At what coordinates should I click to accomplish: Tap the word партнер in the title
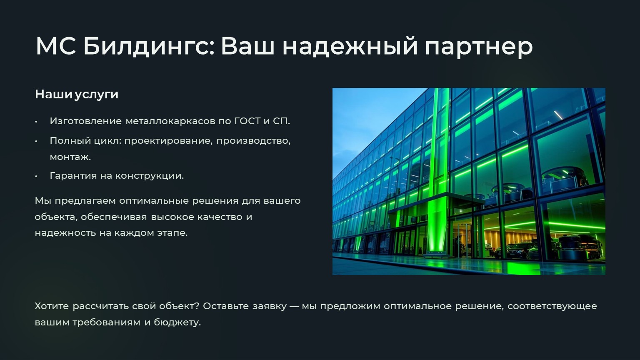[479, 47]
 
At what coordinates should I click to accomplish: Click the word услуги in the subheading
[97, 95]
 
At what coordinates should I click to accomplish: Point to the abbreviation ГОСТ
[247, 121]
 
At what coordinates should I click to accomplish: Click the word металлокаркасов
[170, 121]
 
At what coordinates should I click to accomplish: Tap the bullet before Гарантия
[36, 176]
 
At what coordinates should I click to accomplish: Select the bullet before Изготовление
[36, 122]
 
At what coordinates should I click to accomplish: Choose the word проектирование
[169, 141]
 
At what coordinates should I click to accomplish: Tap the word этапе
[172, 233]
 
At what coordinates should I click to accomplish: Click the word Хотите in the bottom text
[52, 306]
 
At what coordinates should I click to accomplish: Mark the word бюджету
[177, 322]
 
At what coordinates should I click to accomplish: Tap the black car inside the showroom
[514, 250]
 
